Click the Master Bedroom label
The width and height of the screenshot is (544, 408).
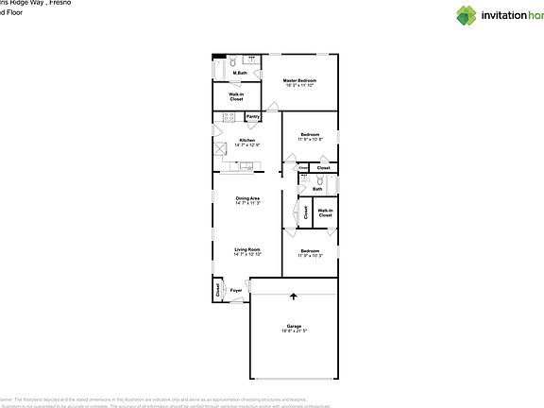pos(299,81)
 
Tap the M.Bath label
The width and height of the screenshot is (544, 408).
pos(243,73)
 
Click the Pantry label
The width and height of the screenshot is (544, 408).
pos(252,117)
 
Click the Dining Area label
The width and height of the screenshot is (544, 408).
pos(247,197)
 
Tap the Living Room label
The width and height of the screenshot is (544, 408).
pos(247,249)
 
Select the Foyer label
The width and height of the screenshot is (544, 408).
pos(236,291)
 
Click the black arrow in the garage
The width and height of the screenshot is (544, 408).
pos(294,297)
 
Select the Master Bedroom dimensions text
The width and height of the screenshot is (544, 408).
pos(299,86)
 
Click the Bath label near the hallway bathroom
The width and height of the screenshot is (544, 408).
pos(317,190)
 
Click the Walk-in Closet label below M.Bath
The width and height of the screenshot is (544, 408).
pos(237,96)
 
